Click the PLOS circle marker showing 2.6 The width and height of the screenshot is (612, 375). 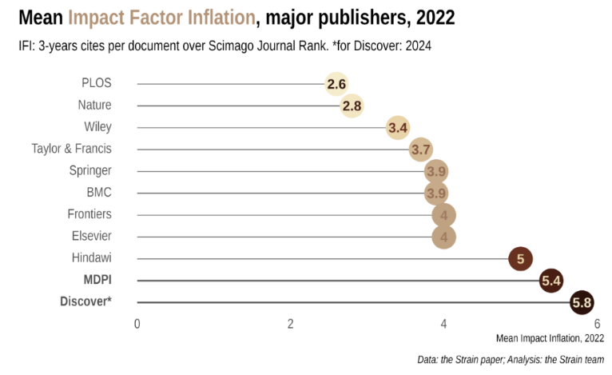[336, 84]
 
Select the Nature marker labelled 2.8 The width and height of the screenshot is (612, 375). [352, 106]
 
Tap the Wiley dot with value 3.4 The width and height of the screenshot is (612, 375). [398, 127]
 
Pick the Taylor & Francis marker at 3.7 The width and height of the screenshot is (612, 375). [421, 149]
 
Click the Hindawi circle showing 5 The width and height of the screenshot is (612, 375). [520, 258]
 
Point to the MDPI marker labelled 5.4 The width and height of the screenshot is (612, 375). [551, 281]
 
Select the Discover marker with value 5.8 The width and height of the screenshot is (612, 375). [582, 302]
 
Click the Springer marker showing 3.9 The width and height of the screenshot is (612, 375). [435, 171]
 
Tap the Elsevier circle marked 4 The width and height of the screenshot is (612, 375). [443, 237]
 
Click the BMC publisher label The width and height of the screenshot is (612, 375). [99, 193]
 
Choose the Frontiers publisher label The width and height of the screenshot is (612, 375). [89, 214]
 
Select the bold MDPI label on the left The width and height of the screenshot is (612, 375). [97, 280]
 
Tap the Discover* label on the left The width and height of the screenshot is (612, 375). [85, 302]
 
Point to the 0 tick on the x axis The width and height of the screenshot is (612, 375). [137, 324]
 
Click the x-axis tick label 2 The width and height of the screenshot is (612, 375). [291, 324]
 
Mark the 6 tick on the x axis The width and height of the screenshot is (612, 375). [597, 324]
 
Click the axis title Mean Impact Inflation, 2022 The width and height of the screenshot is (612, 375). [549, 338]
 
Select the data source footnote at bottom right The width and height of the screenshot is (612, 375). [510, 361]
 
